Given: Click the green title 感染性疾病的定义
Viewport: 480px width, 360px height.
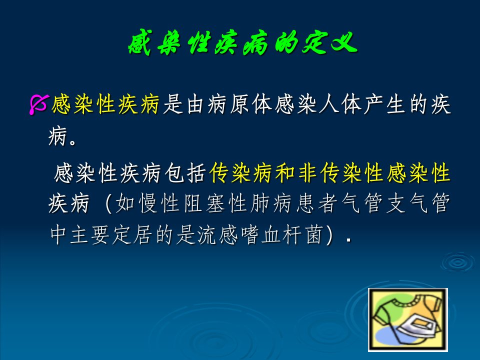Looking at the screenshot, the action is tap(242, 43).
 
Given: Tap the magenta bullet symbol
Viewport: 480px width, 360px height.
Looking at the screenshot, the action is tap(38, 104).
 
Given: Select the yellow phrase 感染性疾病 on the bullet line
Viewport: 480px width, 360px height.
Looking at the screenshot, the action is tap(105, 104).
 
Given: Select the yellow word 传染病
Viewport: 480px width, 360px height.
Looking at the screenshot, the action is tap(240, 173).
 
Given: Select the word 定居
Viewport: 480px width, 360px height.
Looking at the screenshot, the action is tap(132, 235).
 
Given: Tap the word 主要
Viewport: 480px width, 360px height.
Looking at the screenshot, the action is tap(90, 235).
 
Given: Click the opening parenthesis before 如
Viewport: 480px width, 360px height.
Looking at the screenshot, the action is tap(108, 203).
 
